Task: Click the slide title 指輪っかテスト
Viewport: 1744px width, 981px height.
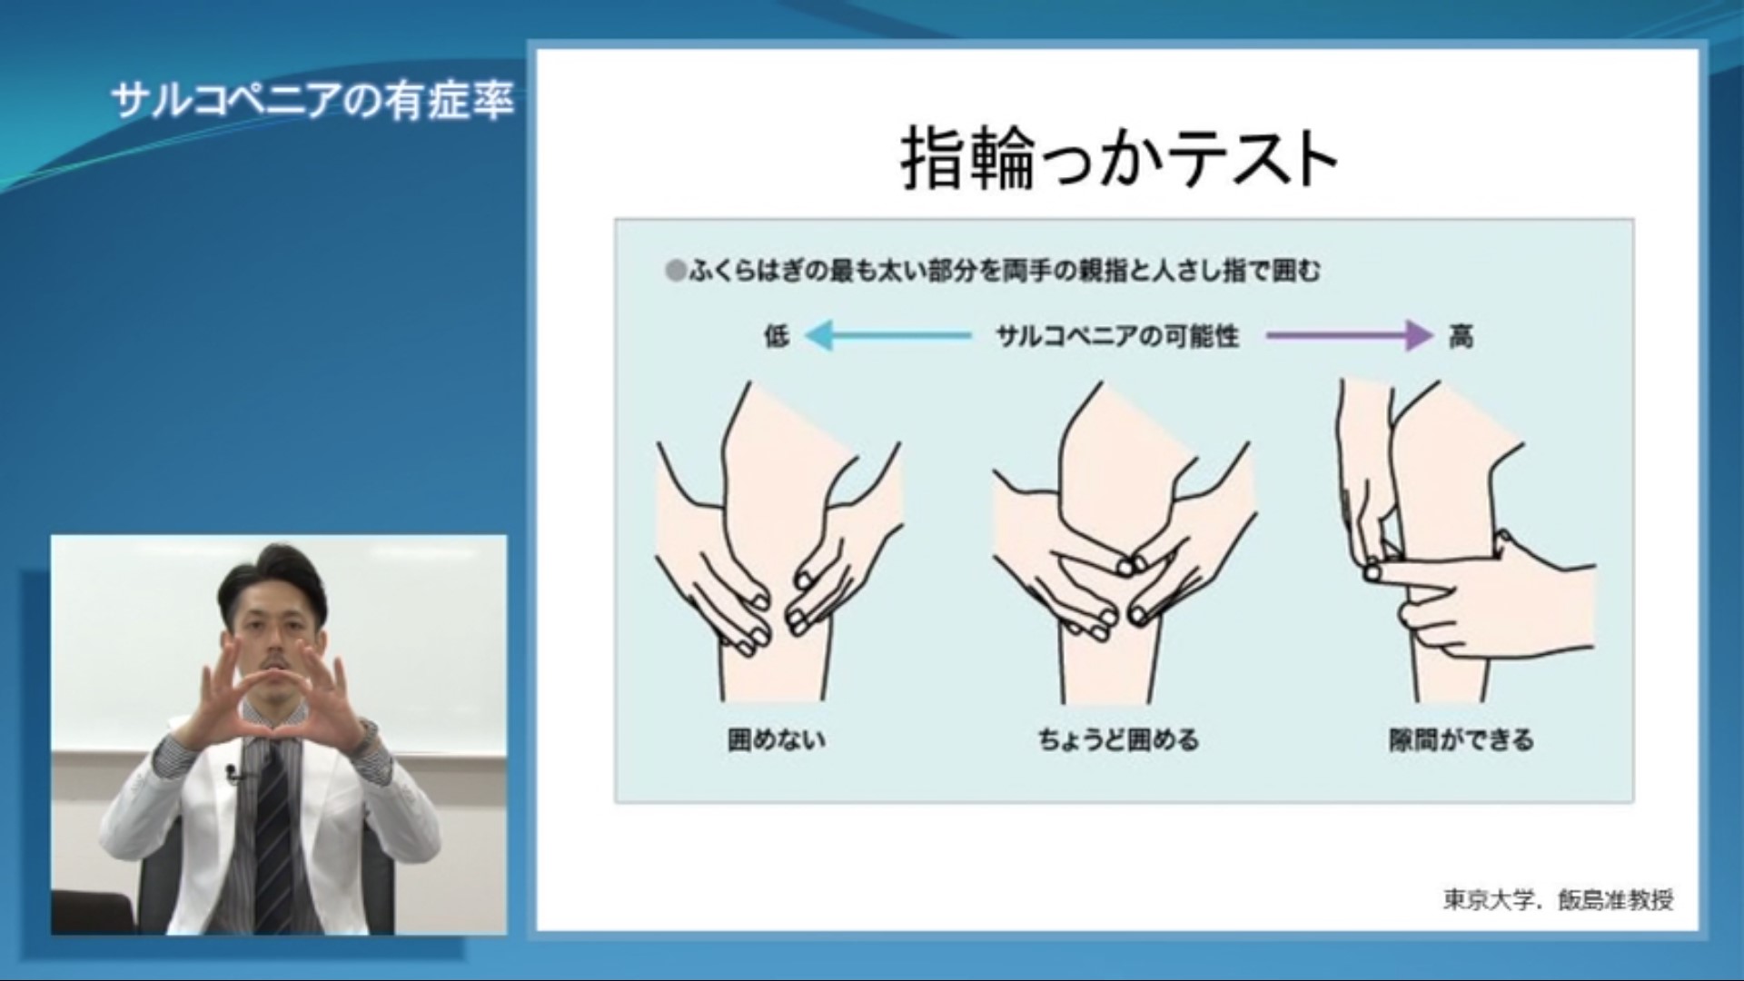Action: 1119,159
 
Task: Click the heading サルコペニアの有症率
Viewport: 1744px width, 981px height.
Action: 312,100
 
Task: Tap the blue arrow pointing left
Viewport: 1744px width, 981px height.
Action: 888,335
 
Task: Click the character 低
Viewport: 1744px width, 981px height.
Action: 777,336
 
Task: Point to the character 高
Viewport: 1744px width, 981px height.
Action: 1461,336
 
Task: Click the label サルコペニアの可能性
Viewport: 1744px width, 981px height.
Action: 1117,336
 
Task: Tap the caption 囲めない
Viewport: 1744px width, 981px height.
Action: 777,739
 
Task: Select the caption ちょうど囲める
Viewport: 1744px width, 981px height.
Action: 1118,739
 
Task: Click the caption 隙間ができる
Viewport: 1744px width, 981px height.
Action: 1461,739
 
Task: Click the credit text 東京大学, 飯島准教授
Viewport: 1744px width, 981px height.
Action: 1558,899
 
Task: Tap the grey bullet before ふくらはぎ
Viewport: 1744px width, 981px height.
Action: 675,271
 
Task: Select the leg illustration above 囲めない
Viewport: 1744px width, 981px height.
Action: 778,540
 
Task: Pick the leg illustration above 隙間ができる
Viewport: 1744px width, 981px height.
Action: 1465,540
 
